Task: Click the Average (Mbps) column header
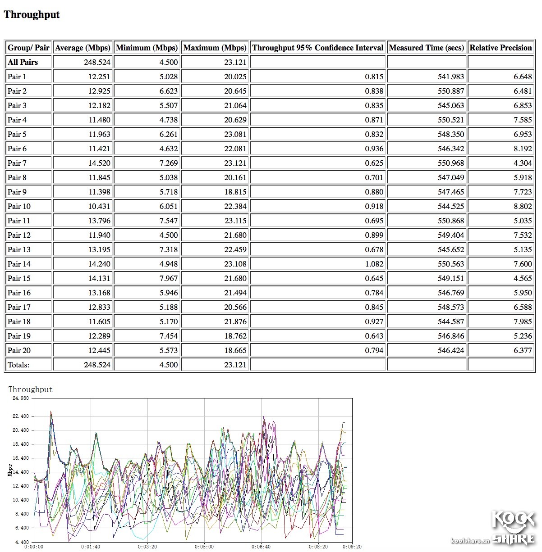point(83,48)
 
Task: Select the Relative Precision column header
point(501,48)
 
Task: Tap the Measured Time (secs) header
point(426,48)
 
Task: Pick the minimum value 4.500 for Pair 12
point(169,235)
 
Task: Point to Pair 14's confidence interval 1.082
point(374,264)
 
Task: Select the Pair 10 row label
point(19,206)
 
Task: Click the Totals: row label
point(18,365)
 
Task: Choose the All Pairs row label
point(23,62)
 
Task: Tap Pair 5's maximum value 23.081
point(235,134)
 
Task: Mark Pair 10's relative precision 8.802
point(523,206)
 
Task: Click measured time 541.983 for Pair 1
point(450,77)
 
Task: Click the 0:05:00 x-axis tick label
point(204,547)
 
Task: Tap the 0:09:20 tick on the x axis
point(352,547)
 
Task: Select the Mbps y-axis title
point(10,470)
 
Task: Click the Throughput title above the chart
point(30,389)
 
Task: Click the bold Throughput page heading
point(32,14)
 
